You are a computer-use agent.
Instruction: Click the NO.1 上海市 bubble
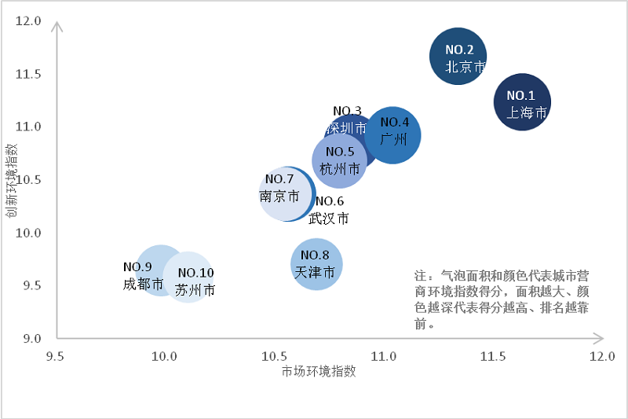pyautogui.click(x=522, y=102)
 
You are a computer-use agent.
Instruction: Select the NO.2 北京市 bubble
pyautogui.click(x=458, y=56)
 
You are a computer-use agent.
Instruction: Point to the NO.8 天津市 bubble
pyautogui.click(x=316, y=264)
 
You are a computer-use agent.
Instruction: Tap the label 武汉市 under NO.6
pyautogui.click(x=329, y=219)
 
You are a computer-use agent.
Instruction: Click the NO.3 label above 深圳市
pyautogui.click(x=347, y=111)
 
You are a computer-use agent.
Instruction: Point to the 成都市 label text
pyautogui.click(x=143, y=284)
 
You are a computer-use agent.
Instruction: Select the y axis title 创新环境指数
pyautogui.click(x=12, y=180)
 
